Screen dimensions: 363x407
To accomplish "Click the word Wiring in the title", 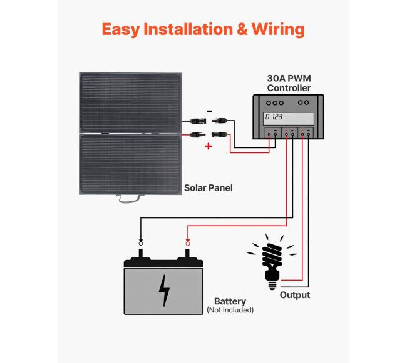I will point(278,29).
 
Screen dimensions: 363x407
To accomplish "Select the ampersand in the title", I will point(240,29).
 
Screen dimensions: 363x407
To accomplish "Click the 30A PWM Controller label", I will point(289,83).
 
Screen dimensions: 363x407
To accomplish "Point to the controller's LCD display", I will point(288,117).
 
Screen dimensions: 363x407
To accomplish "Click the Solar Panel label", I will point(208,187).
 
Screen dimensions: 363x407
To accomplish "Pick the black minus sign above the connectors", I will point(208,112).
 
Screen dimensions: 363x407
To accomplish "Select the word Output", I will point(294,295).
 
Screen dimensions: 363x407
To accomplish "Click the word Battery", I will point(230,301).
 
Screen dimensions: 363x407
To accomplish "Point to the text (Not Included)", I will point(230,310).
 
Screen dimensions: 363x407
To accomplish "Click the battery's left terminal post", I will point(140,253).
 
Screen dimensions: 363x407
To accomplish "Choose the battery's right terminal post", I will point(187,253).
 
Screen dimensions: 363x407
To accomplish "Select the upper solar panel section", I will point(130,103).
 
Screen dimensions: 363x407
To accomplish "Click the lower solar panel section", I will point(130,166).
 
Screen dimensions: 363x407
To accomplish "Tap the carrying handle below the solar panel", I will point(130,199).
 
